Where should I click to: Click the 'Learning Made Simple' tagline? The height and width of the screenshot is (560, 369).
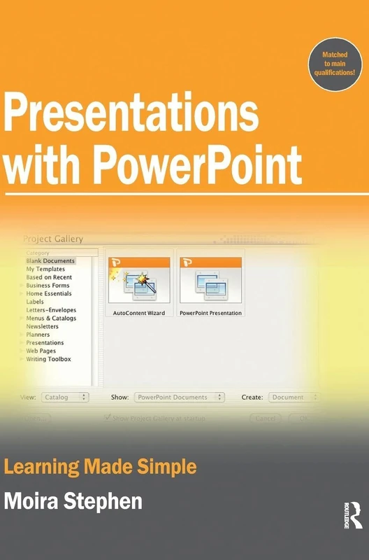pyautogui.click(x=100, y=466)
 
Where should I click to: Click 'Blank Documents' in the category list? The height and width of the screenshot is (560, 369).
pyautogui.click(x=50, y=261)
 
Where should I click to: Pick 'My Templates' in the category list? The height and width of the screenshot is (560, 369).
pyautogui.click(x=45, y=269)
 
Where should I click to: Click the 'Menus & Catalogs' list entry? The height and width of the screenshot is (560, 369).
pyautogui.click(x=51, y=318)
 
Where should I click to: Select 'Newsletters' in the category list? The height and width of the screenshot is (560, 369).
pyautogui.click(x=43, y=326)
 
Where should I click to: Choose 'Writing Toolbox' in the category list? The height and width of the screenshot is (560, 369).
pyautogui.click(x=48, y=359)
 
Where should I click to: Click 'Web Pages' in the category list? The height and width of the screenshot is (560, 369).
pyautogui.click(x=41, y=351)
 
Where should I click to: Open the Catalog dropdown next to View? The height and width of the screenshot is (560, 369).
pyautogui.click(x=65, y=397)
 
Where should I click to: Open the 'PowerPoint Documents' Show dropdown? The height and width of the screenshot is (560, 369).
pyautogui.click(x=180, y=397)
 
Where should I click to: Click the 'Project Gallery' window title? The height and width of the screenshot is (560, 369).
pyautogui.click(x=54, y=239)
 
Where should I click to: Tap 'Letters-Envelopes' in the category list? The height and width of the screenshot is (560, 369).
pyautogui.click(x=51, y=310)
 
